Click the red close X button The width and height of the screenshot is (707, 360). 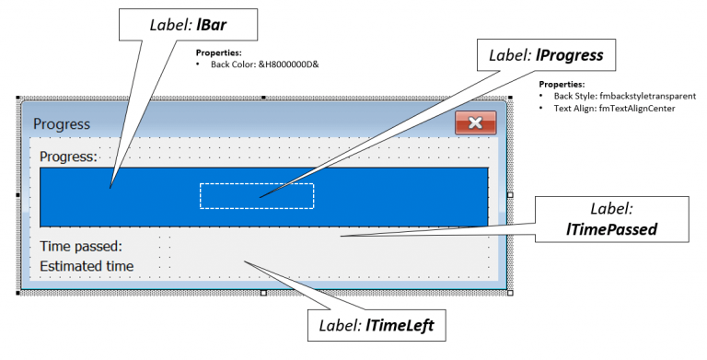point(475,122)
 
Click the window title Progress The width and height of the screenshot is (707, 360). point(62,123)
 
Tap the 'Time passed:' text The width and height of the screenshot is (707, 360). point(81,246)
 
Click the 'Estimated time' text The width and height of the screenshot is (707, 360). point(87,266)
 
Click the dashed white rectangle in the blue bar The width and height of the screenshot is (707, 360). point(257,195)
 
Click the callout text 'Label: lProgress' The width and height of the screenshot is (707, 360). point(545,55)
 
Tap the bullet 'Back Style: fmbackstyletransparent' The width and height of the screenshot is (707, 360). point(624,96)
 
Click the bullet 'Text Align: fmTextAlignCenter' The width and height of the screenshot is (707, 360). point(614,108)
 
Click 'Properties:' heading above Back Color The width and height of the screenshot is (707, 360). point(219,53)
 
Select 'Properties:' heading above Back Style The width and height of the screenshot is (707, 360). point(562,84)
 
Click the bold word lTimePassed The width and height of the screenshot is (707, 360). point(611,229)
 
